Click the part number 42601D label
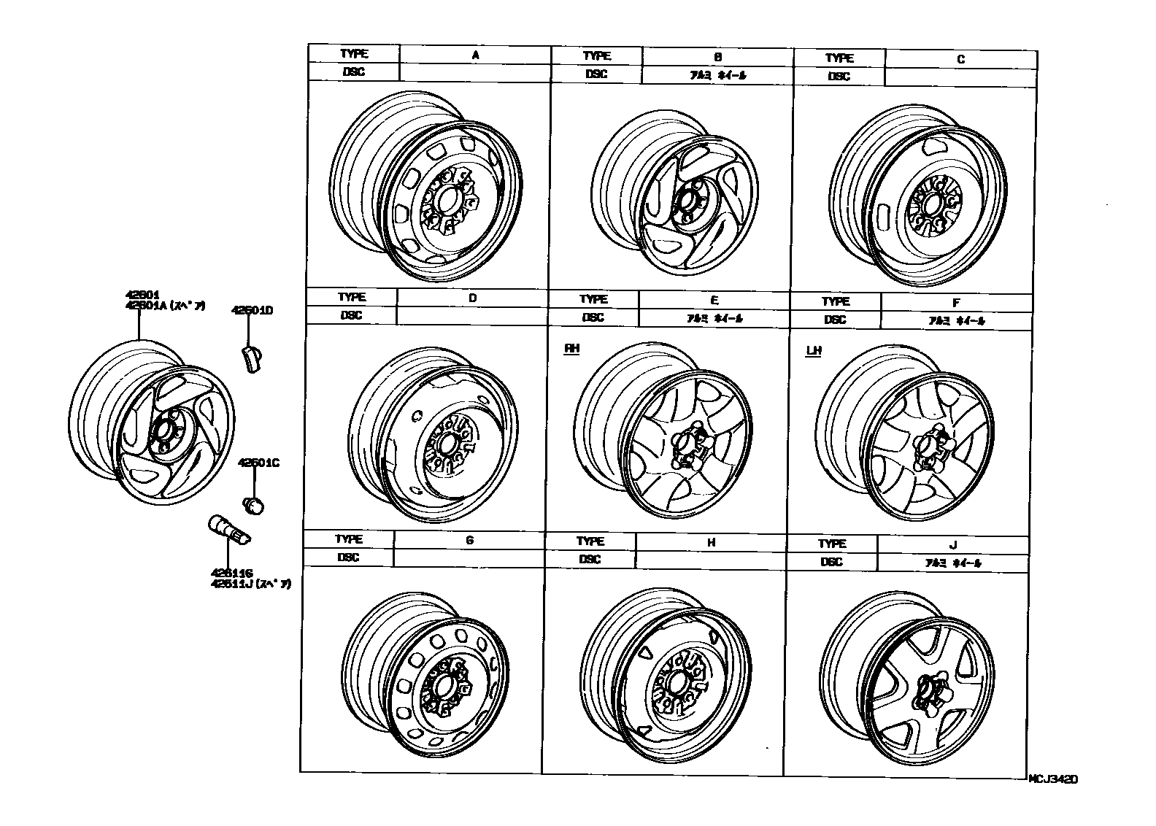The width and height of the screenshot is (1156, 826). click(252, 311)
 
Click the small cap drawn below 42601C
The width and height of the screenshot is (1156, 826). click(253, 504)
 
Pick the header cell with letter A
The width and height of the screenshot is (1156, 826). click(475, 55)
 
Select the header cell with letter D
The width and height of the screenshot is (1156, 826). click(472, 298)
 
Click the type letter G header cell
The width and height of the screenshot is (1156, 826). click(469, 541)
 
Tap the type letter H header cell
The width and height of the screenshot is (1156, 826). click(711, 543)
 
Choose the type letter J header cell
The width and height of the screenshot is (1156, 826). click(952, 545)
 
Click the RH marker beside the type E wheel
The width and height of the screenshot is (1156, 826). click(571, 349)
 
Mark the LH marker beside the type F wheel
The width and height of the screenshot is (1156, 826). click(813, 351)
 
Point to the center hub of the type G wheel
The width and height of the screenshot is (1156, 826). click(444, 687)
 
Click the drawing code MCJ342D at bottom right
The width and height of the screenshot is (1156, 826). click(1052, 779)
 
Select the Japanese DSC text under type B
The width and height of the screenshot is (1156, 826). click(717, 75)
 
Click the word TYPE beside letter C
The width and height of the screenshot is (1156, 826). click(839, 58)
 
